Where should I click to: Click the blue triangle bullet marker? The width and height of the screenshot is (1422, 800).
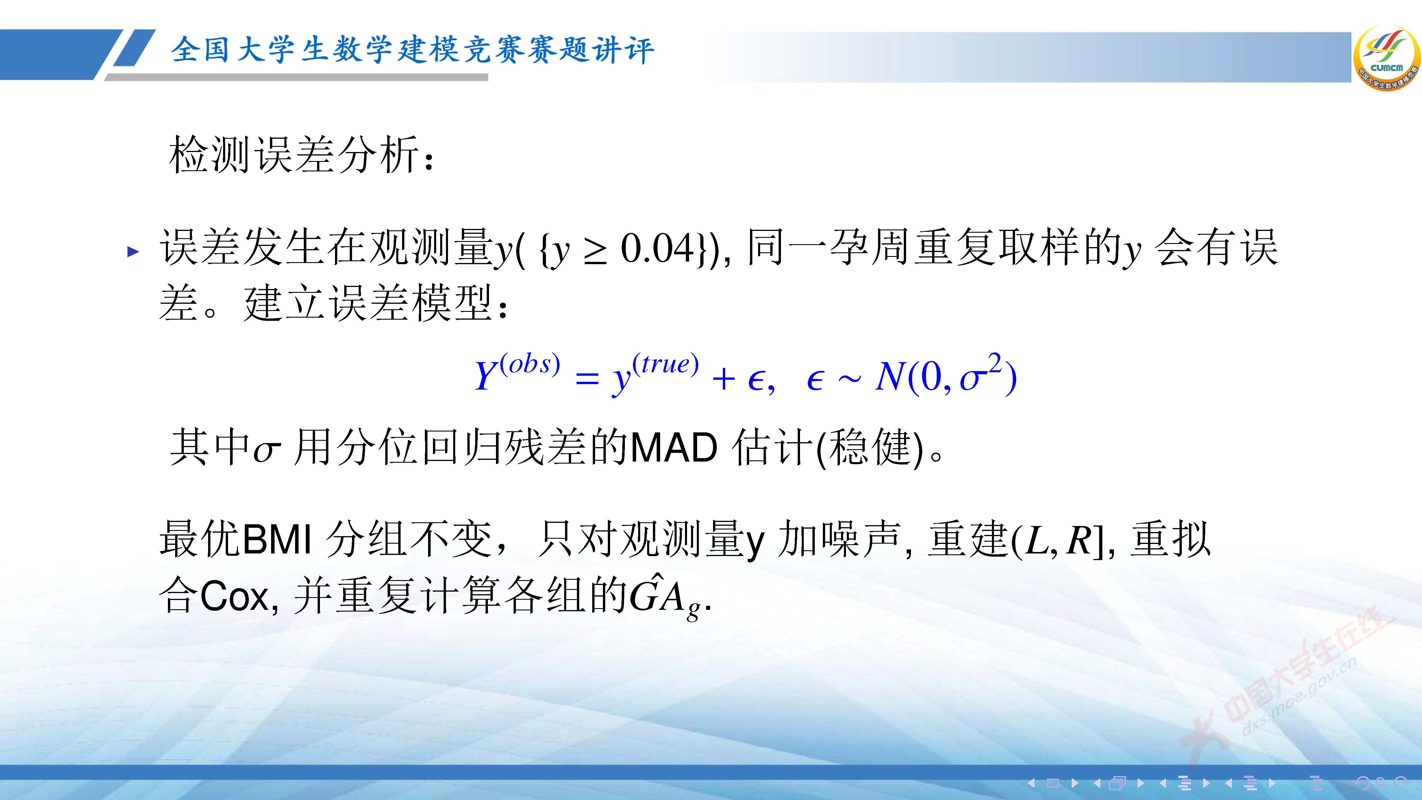[x=133, y=252]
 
